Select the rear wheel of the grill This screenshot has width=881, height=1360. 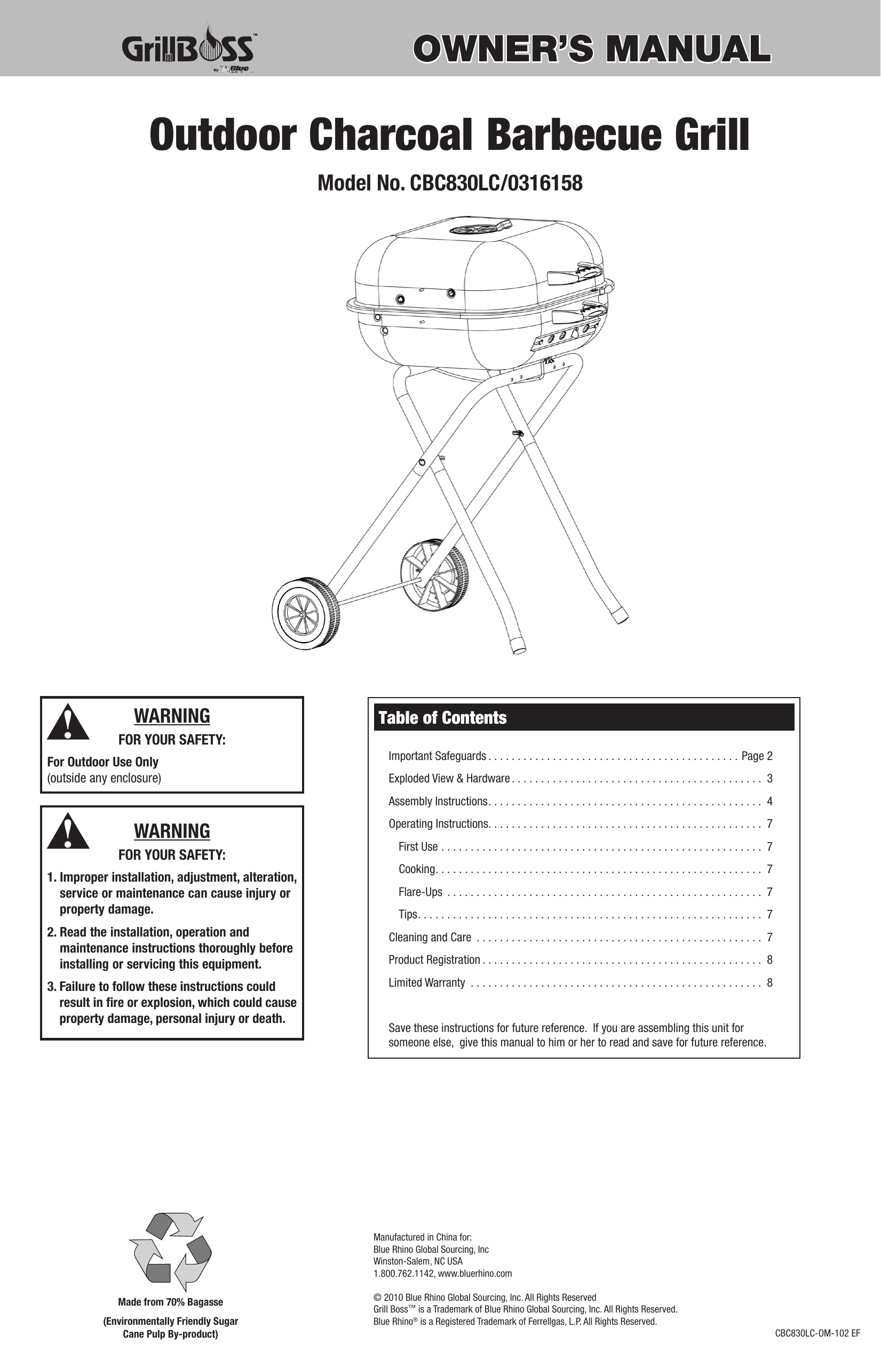click(x=433, y=574)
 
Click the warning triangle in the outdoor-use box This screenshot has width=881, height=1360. click(x=68, y=722)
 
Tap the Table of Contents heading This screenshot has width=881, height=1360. click(x=442, y=718)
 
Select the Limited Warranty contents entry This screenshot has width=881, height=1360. click(x=426, y=983)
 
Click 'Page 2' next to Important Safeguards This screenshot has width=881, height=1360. click(x=756, y=756)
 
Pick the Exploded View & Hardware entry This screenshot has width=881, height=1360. click(x=449, y=778)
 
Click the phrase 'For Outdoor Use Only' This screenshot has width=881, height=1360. click(x=103, y=762)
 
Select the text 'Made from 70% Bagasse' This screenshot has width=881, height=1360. click(x=170, y=1302)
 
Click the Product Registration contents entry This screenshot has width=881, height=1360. click(x=434, y=960)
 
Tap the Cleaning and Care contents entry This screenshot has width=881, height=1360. click(x=430, y=937)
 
